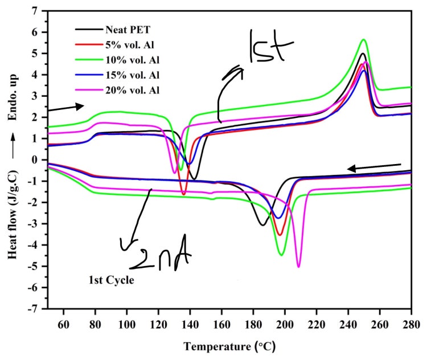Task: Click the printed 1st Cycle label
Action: (111, 280)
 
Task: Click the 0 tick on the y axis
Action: (36, 159)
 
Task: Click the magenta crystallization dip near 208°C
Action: (298, 266)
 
